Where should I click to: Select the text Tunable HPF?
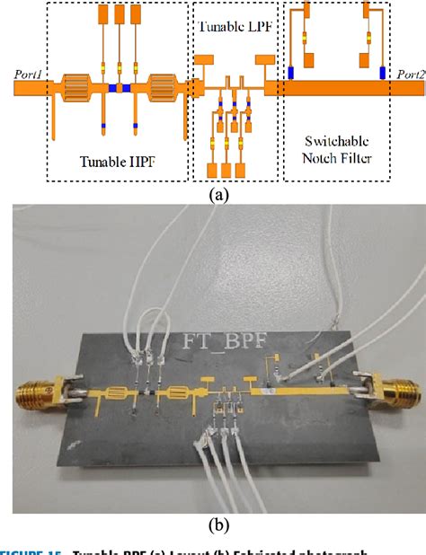117,163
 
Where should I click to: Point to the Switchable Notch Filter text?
337,151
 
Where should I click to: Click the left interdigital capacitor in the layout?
75,88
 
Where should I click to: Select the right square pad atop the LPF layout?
264,59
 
